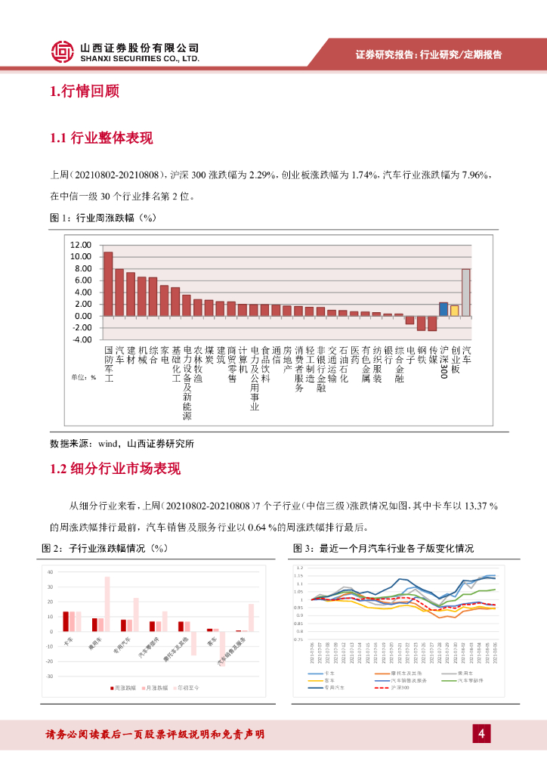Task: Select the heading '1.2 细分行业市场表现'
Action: coord(115,469)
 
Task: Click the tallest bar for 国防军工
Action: coord(108,283)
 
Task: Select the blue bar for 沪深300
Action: coord(443,308)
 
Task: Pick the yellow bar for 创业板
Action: coord(454,310)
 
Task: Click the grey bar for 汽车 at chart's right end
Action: coord(466,292)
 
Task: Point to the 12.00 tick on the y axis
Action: coord(79,245)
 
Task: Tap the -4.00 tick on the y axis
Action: coord(79,339)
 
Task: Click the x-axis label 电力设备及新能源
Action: coord(187,383)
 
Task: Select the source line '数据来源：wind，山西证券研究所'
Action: coord(126,444)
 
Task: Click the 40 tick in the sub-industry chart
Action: coord(50,572)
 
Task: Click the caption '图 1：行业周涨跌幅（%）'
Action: coord(102,218)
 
